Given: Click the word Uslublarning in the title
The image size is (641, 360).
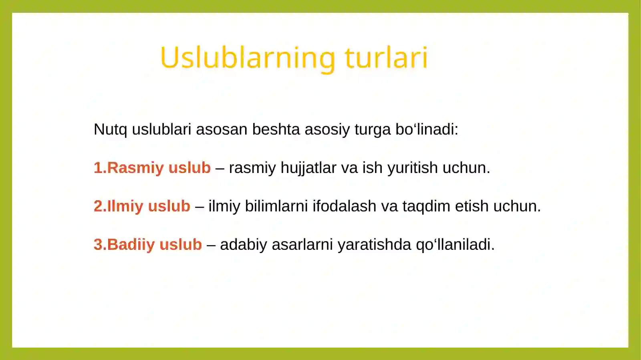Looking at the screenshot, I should [247, 58].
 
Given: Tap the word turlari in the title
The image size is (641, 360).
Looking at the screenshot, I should [386, 58].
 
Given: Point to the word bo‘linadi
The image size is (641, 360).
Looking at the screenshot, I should [426, 129].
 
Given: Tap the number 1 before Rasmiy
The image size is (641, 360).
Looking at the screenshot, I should [97, 168].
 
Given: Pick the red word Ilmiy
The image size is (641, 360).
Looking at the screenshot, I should [125, 206].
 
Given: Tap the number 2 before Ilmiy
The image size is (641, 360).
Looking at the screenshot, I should [97, 206].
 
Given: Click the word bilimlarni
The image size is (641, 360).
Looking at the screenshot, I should [276, 206].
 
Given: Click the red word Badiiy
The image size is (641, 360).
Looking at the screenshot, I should [131, 245].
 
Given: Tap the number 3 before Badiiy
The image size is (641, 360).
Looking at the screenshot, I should [97, 245].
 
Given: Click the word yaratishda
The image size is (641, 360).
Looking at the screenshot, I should [374, 245].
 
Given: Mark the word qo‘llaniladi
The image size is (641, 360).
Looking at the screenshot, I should [455, 245].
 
